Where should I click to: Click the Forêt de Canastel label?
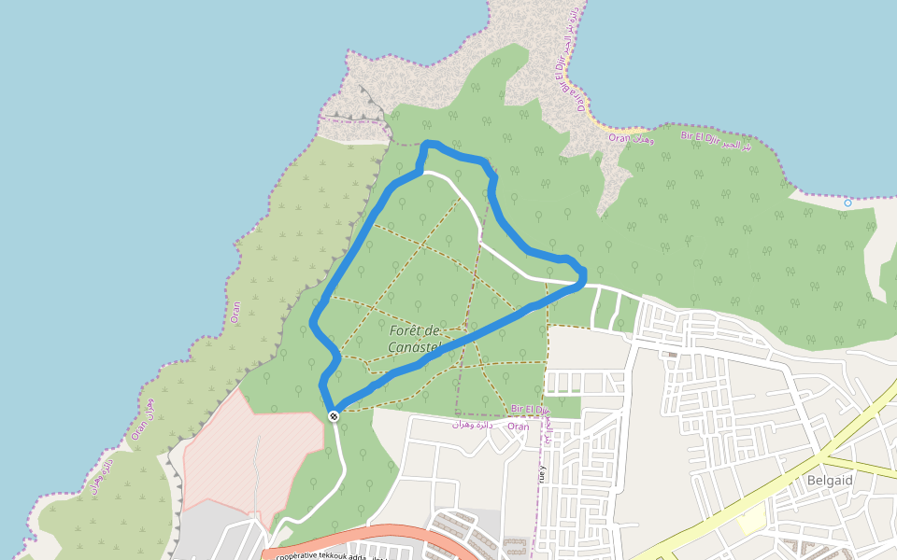(x=414, y=340)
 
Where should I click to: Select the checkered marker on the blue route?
(x=334, y=415)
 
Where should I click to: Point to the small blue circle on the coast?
(x=847, y=203)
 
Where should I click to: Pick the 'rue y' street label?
(x=541, y=471)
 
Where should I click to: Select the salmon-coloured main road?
(x=392, y=534)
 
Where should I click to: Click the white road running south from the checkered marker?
(x=338, y=467)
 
